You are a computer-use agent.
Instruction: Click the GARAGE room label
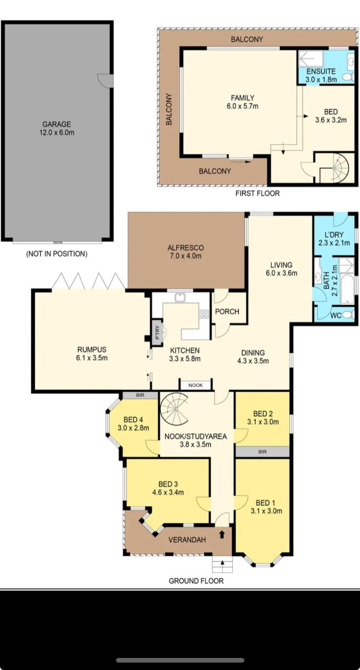tap(57, 124)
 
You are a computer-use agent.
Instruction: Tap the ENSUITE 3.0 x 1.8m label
tap(321, 75)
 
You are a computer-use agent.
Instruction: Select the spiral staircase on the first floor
tap(334, 168)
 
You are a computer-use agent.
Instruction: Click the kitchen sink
tap(180, 297)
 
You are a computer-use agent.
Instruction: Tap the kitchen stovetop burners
tap(205, 314)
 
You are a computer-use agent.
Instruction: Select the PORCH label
tap(227, 312)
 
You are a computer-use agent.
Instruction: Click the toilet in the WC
tap(348, 314)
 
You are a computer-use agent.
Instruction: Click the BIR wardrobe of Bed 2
tap(262, 452)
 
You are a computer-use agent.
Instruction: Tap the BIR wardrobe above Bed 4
tap(140, 395)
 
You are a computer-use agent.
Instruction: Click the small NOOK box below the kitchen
tap(195, 385)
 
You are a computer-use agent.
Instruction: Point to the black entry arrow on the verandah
tap(222, 534)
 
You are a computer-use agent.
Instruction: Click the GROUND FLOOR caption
tap(196, 581)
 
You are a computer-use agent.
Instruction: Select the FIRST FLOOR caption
tap(257, 193)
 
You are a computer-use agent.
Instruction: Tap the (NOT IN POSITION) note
tap(57, 254)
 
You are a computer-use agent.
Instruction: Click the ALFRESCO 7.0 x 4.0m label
tap(185, 252)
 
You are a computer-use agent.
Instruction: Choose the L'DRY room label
tap(334, 235)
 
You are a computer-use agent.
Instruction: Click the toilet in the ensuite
tap(348, 77)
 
